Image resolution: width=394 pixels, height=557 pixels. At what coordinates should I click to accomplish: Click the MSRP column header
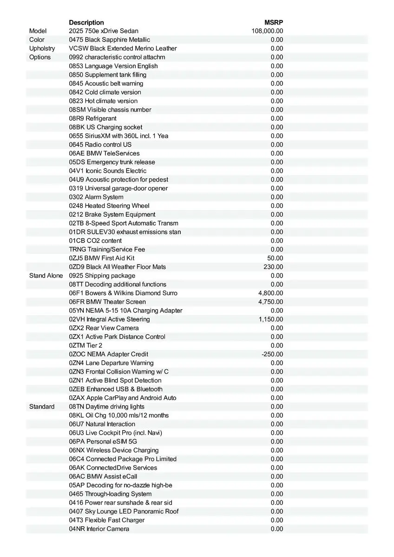click(274, 22)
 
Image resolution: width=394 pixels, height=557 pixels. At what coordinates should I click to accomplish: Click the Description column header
click(86, 22)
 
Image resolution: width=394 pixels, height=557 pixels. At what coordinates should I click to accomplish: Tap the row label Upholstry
click(42, 48)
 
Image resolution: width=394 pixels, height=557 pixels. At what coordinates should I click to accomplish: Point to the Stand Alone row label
click(46, 276)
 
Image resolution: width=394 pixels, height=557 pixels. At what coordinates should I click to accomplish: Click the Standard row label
click(42, 407)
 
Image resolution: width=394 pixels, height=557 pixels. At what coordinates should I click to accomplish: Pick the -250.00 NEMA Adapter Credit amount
click(272, 354)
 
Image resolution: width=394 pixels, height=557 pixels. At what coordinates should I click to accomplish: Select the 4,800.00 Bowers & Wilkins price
click(271, 293)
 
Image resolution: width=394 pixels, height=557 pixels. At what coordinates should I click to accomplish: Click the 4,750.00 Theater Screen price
click(271, 302)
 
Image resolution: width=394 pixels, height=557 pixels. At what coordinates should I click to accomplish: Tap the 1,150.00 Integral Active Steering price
click(271, 319)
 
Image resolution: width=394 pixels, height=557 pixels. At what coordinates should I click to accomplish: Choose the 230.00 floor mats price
click(273, 267)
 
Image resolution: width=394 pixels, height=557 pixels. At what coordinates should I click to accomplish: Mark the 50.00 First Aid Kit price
click(275, 258)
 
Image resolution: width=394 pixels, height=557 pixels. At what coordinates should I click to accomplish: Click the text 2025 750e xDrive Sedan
click(104, 31)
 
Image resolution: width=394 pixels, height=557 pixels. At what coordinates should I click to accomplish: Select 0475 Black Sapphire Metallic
click(110, 40)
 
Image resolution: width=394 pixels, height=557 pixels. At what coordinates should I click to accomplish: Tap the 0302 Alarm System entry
click(96, 197)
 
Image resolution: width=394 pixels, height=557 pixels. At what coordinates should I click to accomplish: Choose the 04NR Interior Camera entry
click(99, 529)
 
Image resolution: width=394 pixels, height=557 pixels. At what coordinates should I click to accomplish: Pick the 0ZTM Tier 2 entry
click(85, 345)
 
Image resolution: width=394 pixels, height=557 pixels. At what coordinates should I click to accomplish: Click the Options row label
click(40, 57)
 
